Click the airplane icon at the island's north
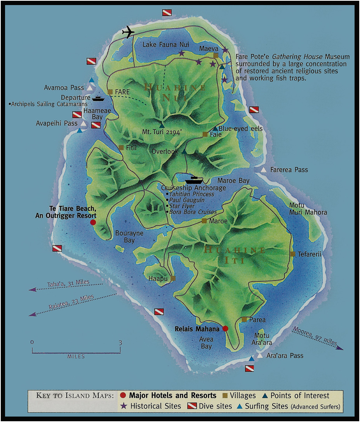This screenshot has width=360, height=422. click(x=128, y=32)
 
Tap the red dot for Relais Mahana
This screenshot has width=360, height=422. click(x=225, y=329)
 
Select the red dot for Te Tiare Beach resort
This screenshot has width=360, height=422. click(x=93, y=222)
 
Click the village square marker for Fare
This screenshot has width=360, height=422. click(x=110, y=92)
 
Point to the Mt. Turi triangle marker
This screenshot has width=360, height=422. click(x=162, y=126)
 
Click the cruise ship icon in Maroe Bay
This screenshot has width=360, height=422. click(x=194, y=180)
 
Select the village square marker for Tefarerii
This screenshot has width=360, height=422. click(x=293, y=254)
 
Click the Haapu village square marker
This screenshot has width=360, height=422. click(x=173, y=278)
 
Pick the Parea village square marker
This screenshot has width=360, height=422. click(x=244, y=319)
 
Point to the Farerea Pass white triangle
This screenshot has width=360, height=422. click(x=264, y=170)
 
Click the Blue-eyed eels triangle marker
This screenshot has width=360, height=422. click(x=215, y=129)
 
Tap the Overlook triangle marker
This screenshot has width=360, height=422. click(x=184, y=151)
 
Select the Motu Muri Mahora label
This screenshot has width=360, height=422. click(x=308, y=209)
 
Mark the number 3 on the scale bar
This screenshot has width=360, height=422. click(x=120, y=343)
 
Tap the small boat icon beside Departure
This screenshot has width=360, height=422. click(x=98, y=98)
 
